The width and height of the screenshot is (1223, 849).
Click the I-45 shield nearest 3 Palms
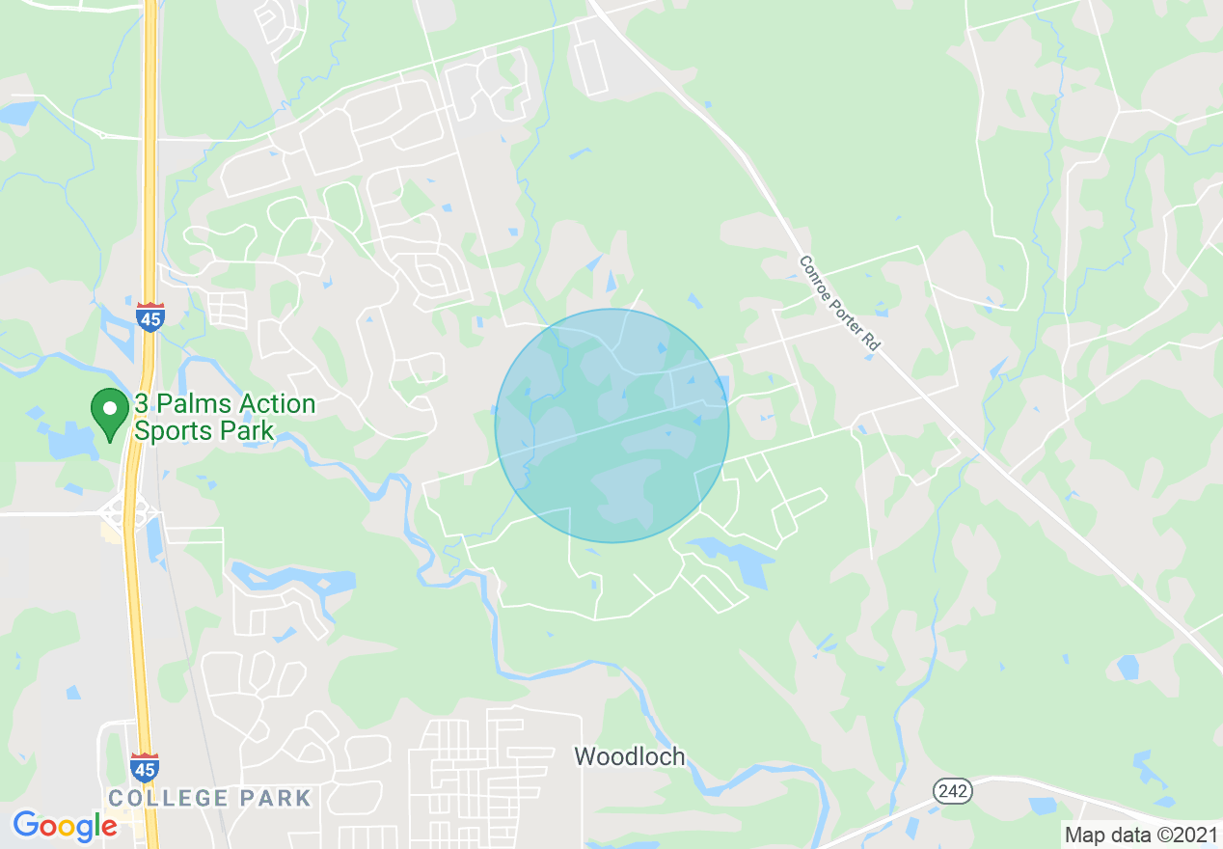[149, 316]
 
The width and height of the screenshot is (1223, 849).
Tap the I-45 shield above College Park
[145, 767]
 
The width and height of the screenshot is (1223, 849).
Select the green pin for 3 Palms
[110, 412]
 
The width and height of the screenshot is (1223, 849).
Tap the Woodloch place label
[630, 756]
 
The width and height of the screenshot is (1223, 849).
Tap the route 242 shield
[952, 791]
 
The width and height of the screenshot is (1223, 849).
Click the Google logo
[65, 826]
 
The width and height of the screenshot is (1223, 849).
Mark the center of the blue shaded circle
[611, 425]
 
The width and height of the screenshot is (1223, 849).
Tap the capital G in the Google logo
[26, 825]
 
